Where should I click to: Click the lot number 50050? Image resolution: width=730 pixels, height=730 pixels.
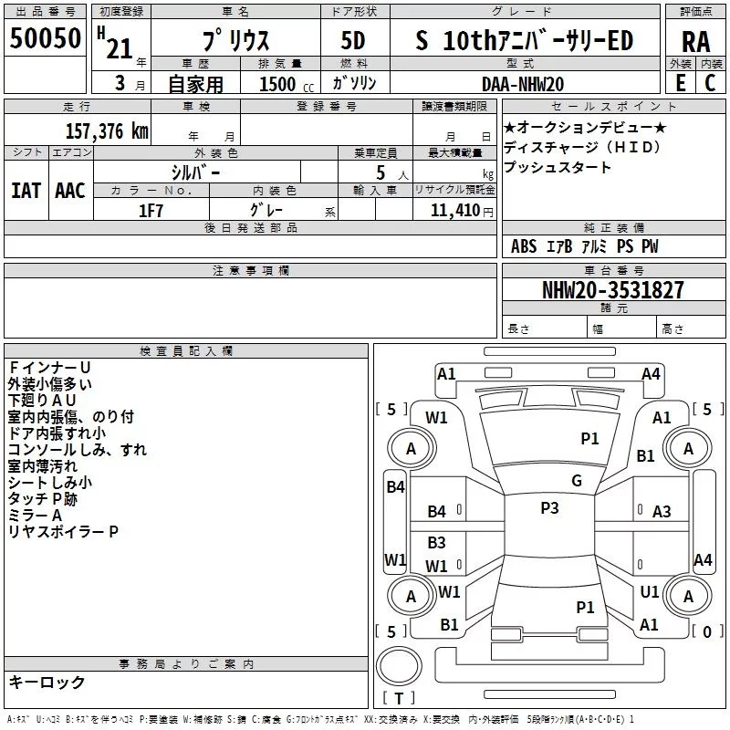click(x=45, y=40)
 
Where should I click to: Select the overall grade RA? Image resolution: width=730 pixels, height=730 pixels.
click(x=695, y=42)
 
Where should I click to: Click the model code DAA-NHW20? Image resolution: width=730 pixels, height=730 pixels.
click(x=523, y=84)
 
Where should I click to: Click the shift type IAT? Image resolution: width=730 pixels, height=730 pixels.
click(x=26, y=191)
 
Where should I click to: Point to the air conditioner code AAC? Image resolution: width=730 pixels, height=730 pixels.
click(x=70, y=191)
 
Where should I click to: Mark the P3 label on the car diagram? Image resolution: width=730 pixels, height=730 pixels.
click(x=549, y=508)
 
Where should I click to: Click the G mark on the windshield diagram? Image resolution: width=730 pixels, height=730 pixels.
click(x=577, y=481)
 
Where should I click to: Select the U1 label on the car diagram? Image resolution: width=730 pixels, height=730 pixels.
click(x=650, y=592)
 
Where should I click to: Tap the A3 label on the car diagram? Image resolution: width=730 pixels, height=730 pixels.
click(x=662, y=512)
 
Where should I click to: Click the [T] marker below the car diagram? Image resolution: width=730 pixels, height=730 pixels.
click(x=398, y=699)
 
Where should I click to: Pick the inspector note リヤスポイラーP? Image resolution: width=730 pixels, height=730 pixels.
click(x=63, y=531)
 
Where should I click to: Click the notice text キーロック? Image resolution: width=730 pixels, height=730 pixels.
click(x=47, y=682)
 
